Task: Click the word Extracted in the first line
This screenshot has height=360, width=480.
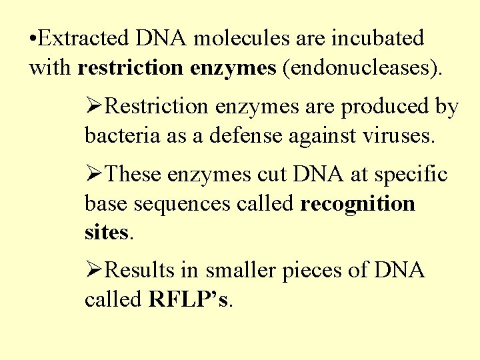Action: (84, 39)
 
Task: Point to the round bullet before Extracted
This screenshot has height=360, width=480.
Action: (33, 39)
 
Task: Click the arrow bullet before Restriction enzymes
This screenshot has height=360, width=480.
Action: (95, 107)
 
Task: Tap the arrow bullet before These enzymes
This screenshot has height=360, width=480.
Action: (95, 175)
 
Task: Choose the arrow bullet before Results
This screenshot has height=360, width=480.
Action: (95, 271)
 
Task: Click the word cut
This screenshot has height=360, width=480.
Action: (275, 175)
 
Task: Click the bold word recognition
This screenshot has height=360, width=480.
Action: (358, 205)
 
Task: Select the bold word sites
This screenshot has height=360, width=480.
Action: (107, 233)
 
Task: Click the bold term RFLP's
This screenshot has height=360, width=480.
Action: (189, 300)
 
